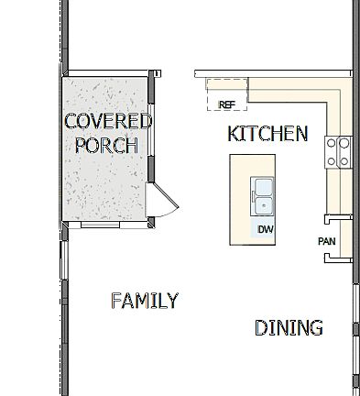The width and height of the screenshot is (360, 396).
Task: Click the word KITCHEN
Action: pyautogui.click(x=267, y=134)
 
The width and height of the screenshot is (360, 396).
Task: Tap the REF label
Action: pyautogui.click(x=226, y=104)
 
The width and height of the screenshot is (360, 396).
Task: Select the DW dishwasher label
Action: pyautogui.click(x=265, y=229)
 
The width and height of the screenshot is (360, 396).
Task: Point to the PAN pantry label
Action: pyautogui.click(x=327, y=241)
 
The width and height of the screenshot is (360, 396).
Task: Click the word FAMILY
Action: pyautogui.click(x=144, y=301)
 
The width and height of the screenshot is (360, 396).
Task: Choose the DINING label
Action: pyautogui.click(x=289, y=327)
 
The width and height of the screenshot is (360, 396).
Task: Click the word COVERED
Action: pyautogui.click(x=107, y=121)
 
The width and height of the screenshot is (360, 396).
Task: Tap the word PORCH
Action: pyautogui.click(x=106, y=145)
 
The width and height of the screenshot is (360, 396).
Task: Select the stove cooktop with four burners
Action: pyautogui.click(x=338, y=151)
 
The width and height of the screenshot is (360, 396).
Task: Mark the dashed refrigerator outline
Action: pyautogui.click(x=226, y=94)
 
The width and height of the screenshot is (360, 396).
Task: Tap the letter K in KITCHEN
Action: pyautogui.click(x=233, y=134)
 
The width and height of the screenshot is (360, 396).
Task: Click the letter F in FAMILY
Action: pyautogui.click(x=115, y=301)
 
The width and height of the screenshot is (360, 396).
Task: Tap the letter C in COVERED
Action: pyautogui.click(x=70, y=121)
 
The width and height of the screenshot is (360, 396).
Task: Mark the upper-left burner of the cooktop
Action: pyautogui.click(x=333, y=143)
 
